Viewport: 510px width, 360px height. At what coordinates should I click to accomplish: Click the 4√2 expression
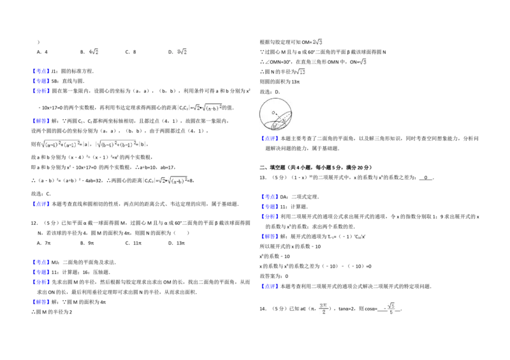point(94,51)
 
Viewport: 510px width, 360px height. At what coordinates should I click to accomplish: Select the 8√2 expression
point(181,51)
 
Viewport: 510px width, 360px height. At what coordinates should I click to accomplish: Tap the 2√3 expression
point(318,41)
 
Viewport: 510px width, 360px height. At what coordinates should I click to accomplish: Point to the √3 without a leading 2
point(362,62)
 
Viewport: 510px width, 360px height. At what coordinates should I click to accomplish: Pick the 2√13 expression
point(298,71)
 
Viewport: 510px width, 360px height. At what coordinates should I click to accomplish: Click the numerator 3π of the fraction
point(323,305)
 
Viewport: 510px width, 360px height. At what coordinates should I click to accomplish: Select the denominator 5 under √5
point(390,313)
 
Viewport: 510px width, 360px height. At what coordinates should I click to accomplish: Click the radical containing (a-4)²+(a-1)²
point(61,145)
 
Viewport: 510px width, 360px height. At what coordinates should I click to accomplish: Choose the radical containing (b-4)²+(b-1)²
point(117,145)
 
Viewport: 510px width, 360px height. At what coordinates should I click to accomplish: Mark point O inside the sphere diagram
point(273,112)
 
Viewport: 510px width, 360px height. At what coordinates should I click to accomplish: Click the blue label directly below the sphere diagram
point(270,138)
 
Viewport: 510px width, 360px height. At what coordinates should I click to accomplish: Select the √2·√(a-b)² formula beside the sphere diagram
point(207,108)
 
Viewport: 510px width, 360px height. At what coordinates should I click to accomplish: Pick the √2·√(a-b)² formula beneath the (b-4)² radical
point(173,180)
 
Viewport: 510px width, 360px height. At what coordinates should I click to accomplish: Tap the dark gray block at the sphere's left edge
point(257,114)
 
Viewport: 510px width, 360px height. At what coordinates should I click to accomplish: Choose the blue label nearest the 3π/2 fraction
point(270,285)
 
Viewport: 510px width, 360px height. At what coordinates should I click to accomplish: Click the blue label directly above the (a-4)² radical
point(41,121)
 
